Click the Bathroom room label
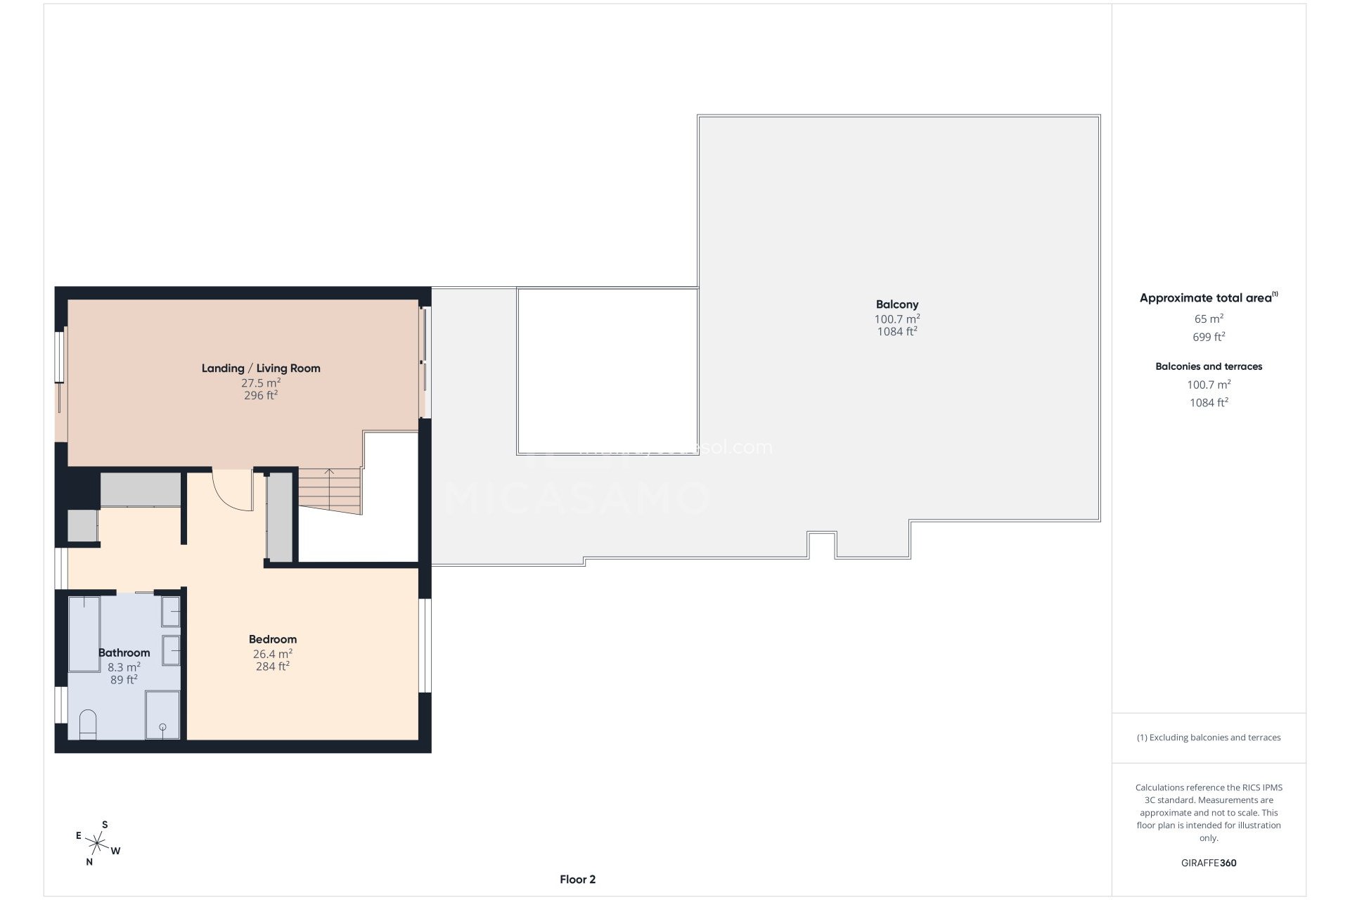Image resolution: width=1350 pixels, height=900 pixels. [x=124, y=652]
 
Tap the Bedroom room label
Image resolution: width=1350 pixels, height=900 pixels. [x=273, y=639]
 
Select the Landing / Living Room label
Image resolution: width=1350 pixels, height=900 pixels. [x=261, y=368]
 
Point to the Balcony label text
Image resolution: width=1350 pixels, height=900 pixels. [x=897, y=304]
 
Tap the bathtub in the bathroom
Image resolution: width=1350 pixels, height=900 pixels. [x=84, y=633]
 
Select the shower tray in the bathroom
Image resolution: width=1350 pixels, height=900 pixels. [x=162, y=714]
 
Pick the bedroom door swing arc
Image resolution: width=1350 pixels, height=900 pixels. [x=231, y=490]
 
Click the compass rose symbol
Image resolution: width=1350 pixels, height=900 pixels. [x=97, y=842]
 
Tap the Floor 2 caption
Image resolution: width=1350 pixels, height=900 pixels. [x=577, y=879]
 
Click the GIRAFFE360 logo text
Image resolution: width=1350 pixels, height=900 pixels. [x=1209, y=863]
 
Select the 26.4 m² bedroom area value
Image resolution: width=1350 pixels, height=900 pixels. [x=273, y=654]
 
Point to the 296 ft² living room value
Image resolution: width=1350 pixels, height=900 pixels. [x=261, y=396]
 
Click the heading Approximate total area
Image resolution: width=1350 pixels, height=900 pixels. [x=1206, y=298]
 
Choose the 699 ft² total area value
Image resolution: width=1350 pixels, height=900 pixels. [x=1209, y=337]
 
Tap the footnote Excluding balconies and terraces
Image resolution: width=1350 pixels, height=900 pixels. [x=1209, y=738]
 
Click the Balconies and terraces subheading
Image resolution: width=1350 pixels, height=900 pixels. [x=1209, y=366]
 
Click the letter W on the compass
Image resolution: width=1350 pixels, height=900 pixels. [x=116, y=851]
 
